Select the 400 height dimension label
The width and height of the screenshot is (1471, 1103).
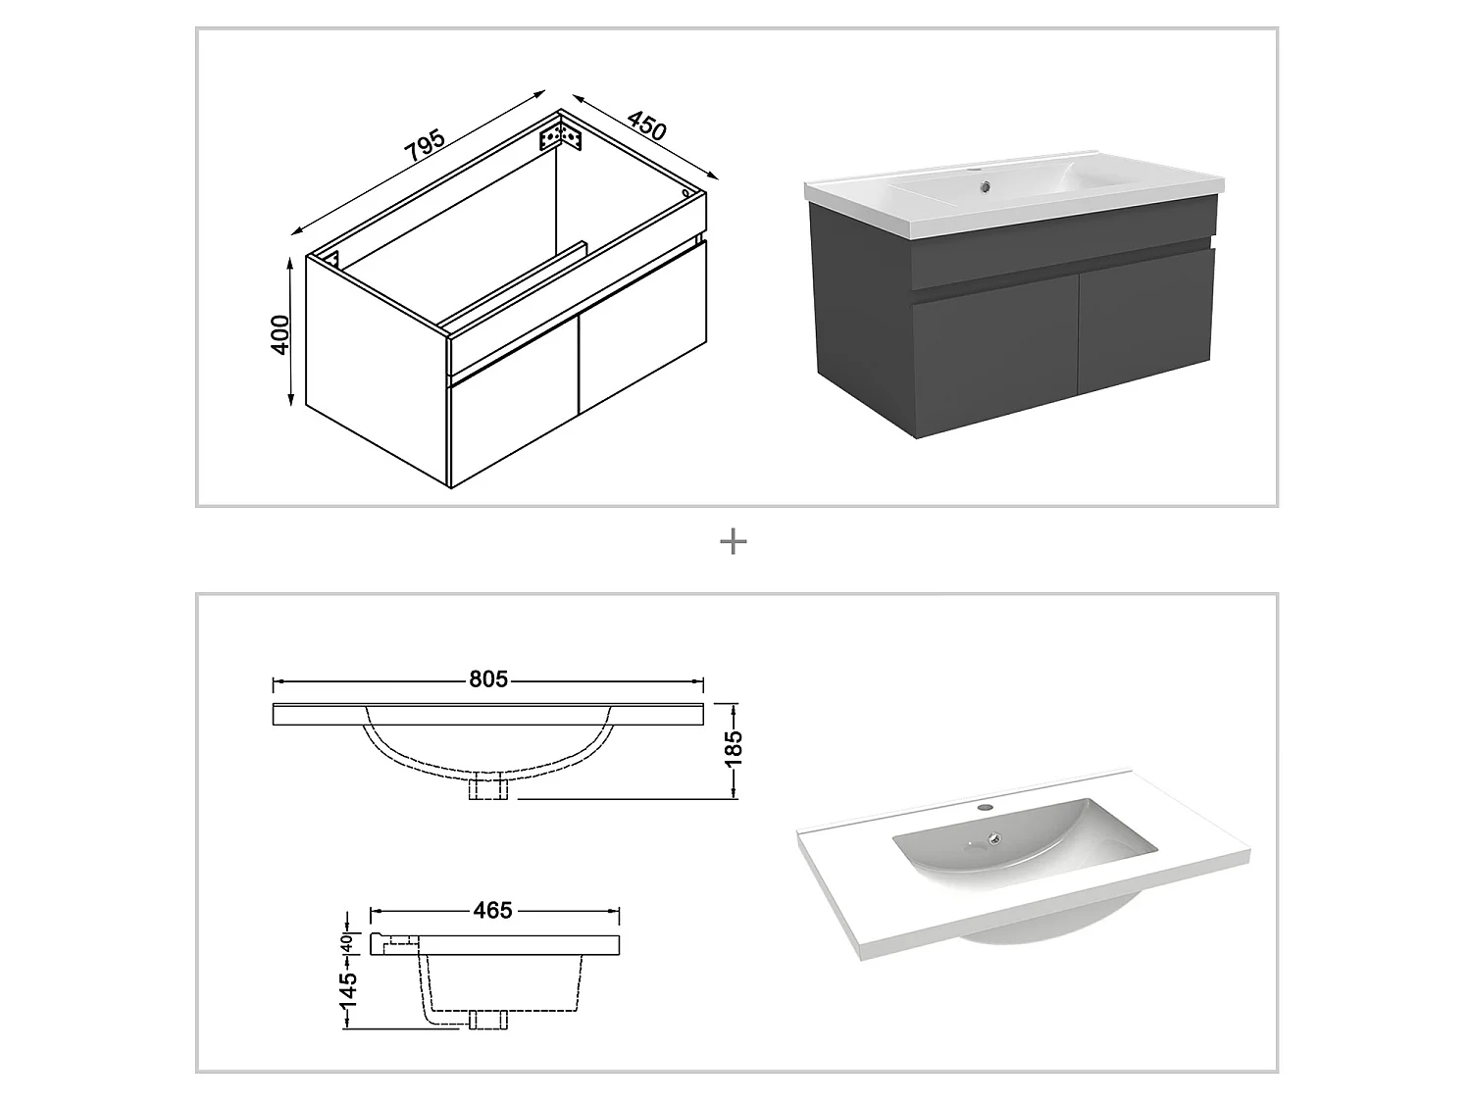pos(280,334)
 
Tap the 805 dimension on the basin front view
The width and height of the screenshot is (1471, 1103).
pos(487,679)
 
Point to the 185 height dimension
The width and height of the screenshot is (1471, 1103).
pos(734,750)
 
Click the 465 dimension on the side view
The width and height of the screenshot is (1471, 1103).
pos(492,911)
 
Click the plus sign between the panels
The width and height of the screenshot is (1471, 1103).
pos(734,542)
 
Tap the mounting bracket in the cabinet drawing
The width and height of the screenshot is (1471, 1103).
pos(562,134)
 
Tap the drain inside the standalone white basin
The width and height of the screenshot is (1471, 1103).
pos(994,838)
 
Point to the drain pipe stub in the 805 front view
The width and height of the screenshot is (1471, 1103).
pos(487,787)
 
